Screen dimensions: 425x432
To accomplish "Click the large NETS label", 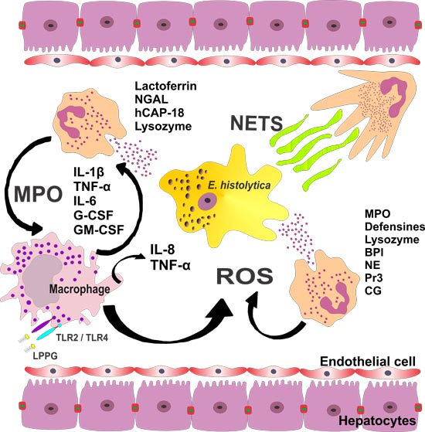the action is pyautogui.click(x=257, y=123).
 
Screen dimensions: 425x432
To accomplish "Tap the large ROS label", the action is pyautogui.click(x=245, y=277).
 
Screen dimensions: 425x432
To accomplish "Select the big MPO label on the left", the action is pyautogui.click(x=39, y=194).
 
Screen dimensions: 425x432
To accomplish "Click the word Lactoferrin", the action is pyautogui.click(x=165, y=86).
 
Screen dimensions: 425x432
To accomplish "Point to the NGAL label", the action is pyautogui.click(x=151, y=99).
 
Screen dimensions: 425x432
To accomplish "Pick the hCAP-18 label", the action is pyautogui.click(x=159, y=112).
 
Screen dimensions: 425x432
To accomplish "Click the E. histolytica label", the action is pyautogui.click(x=239, y=185).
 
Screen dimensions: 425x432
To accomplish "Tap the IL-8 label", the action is pyautogui.click(x=162, y=250).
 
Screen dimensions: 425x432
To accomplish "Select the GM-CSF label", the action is pyautogui.click(x=99, y=230).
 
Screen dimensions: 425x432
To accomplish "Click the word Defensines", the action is pyautogui.click(x=395, y=226).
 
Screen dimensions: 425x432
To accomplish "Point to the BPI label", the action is pyautogui.click(x=374, y=252).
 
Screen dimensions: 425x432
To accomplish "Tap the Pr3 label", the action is pyautogui.click(x=374, y=277).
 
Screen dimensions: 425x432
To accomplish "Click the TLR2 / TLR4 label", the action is pyautogui.click(x=82, y=337).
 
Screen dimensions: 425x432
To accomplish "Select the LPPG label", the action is pyautogui.click(x=45, y=356).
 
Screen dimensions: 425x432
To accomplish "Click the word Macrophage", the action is pyautogui.click(x=80, y=289).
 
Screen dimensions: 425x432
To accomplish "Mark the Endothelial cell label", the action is pyautogui.click(x=368, y=362).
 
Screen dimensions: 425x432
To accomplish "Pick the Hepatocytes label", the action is pyautogui.click(x=377, y=421).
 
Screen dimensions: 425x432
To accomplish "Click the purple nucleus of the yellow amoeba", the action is pyautogui.click(x=207, y=202).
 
